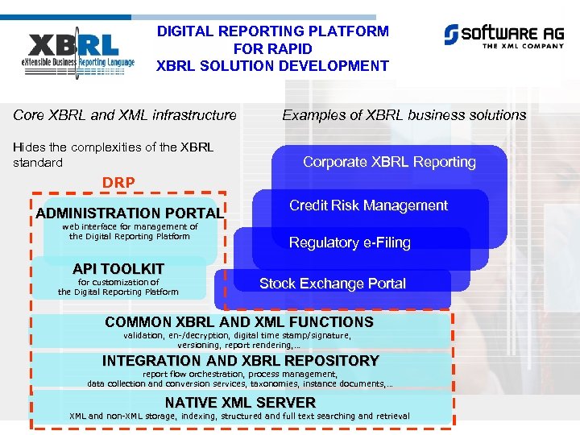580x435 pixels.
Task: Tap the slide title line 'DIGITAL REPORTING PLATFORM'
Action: [x=272, y=31]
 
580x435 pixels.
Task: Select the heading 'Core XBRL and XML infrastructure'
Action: [x=125, y=115]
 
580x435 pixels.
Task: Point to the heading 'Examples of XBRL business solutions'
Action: [x=404, y=115]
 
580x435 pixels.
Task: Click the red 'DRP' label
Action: [x=118, y=183]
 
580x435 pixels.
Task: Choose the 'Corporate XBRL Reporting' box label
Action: [x=389, y=162]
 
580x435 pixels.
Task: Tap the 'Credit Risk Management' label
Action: [x=368, y=205]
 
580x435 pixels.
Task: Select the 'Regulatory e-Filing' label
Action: [x=350, y=242]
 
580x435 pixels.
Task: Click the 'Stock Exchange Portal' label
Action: [x=332, y=284]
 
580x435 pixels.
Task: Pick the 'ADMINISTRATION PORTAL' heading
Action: [x=129, y=213]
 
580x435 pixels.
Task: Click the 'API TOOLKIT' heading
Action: [x=118, y=268]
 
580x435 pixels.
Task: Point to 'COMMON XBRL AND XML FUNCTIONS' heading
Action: [x=239, y=322]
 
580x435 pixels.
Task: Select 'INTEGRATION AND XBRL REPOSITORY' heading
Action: [x=240, y=361]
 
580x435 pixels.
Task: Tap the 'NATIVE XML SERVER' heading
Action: [x=240, y=402]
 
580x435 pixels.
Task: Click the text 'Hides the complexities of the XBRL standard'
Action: [x=113, y=155]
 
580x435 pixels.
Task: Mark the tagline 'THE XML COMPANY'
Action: [x=523, y=46]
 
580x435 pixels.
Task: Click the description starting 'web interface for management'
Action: [x=129, y=232]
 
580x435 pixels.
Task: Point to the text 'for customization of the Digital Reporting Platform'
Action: [x=118, y=287]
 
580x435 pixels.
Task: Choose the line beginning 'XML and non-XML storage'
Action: [x=239, y=416]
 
